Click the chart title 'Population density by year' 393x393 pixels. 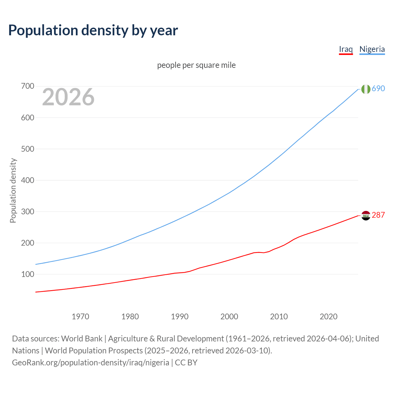click(93, 30)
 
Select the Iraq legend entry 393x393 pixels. click(346, 49)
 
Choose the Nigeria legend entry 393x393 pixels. click(372, 49)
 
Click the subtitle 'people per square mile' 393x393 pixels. click(196, 65)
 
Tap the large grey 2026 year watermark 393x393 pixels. click(68, 97)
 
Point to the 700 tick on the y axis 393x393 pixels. click(27, 86)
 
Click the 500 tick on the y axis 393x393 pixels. click(27, 149)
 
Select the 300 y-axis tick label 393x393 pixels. click(27, 212)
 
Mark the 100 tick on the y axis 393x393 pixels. click(27, 274)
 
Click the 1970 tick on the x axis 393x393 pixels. click(80, 317)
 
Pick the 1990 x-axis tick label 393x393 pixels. click(180, 317)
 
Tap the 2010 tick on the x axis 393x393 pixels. click(279, 317)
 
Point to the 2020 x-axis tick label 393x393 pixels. click(329, 317)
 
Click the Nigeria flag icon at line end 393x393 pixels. click(366, 89)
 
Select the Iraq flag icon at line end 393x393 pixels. click(366, 216)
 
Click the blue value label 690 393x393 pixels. click(378, 88)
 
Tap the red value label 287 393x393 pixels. click(378, 215)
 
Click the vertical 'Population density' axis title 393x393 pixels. click(13, 190)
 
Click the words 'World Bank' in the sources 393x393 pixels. click(82, 339)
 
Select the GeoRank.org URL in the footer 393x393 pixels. click(91, 363)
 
